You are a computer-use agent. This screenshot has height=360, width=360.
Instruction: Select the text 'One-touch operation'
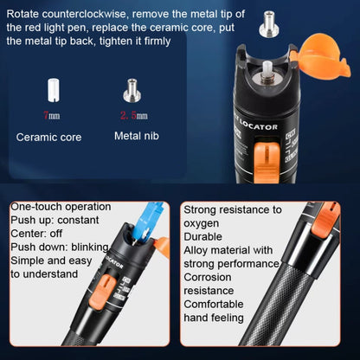click(61, 207)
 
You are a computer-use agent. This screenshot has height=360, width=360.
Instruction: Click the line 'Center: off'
click(38, 234)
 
